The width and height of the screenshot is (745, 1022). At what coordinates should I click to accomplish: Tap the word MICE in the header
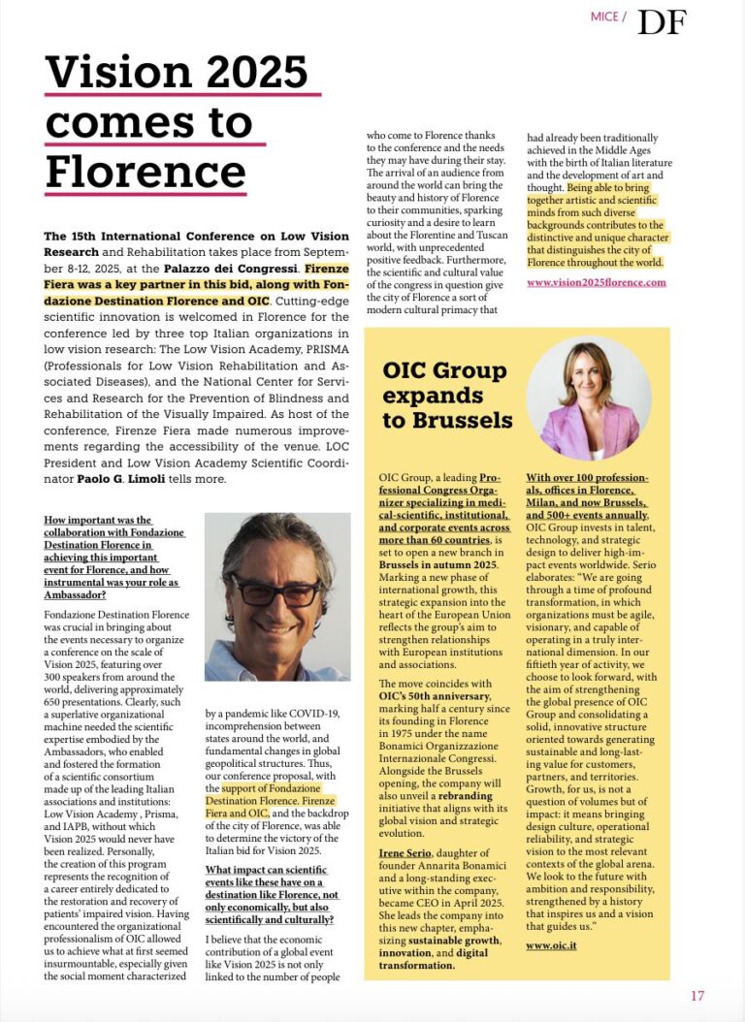click(x=605, y=17)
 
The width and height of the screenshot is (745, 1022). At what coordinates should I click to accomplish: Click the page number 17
click(x=697, y=995)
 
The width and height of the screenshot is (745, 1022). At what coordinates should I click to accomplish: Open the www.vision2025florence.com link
click(x=597, y=282)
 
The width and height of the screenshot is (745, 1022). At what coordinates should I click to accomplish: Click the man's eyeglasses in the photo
click(x=272, y=590)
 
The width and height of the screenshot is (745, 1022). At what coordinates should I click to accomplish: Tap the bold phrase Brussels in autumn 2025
click(x=438, y=563)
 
